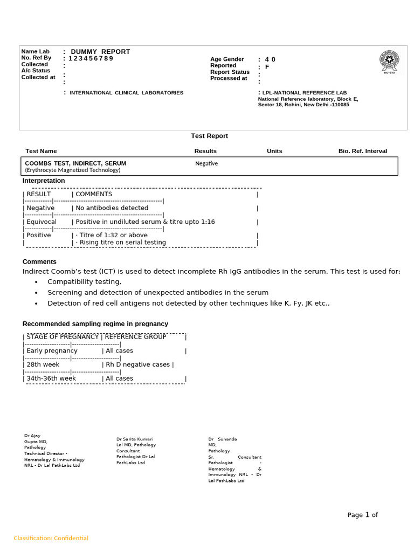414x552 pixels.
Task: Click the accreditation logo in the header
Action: (x=389, y=62)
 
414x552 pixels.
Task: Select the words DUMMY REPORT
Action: (x=100, y=52)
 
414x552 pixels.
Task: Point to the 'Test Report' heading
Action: (x=209, y=136)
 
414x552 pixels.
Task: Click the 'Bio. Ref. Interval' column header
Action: (x=362, y=151)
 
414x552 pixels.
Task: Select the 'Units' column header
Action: (x=274, y=151)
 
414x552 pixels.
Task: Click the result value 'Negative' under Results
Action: (x=206, y=163)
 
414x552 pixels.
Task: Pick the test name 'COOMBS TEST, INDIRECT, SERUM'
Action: (x=75, y=163)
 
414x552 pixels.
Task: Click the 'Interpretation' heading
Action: (x=44, y=181)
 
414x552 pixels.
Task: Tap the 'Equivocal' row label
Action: (x=42, y=222)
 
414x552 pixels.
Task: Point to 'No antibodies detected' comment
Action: (x=112, y=208)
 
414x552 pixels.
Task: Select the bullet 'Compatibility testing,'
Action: (x=84, y=281)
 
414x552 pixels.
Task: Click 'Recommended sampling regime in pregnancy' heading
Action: (x=95, y=323)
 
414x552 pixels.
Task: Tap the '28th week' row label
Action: (x=43, y=364)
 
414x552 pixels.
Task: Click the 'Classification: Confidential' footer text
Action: (x=51, y=538)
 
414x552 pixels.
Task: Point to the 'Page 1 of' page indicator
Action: (x=362, y=515)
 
